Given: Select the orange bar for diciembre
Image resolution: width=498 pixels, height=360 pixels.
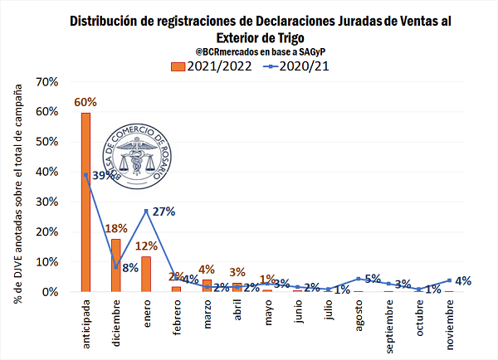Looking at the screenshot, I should [x=116, y=265].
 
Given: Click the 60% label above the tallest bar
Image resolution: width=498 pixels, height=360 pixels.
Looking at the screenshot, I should [x=85, y=102].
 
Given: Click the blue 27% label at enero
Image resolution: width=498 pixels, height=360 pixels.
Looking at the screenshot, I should [x=164, y=212].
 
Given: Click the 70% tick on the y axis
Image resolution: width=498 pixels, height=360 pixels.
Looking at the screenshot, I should [x=46, y=82].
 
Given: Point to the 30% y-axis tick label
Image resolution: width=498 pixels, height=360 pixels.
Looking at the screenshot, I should [x=46, y=202].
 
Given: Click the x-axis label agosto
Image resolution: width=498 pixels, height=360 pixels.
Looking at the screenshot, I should [x=359, y=316].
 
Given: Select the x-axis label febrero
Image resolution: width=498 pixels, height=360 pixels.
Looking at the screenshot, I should [x=177, y=317].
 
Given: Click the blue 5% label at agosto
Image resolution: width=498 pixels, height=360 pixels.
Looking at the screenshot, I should [x=373, y=279].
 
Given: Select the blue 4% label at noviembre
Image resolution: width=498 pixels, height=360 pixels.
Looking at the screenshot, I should [x=463, y=280].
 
